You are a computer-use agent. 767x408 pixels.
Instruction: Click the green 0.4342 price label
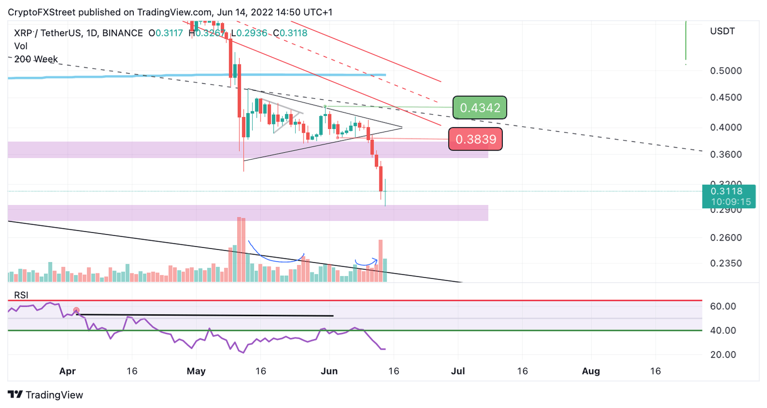[479, 107]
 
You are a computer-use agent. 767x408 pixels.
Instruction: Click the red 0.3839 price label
[475, 139]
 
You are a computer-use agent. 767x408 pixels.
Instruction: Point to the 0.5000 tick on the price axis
[726, 71]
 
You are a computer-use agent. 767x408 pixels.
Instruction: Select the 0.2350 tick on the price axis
[726, 263]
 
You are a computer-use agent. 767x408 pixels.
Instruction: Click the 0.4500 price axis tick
[726, 97]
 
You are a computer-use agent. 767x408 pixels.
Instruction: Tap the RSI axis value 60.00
[723, 306]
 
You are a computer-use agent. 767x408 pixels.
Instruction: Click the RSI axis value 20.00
[723, 355]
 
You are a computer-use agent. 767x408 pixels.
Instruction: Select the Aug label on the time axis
[591, 371]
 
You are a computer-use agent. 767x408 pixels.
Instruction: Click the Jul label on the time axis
[458, 371]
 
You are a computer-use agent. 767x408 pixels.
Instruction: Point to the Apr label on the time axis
[67, 371]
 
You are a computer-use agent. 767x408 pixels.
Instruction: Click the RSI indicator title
[21, 295]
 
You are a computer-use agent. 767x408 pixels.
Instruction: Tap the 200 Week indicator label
[36, 59]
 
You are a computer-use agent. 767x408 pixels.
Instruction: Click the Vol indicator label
[20, 46]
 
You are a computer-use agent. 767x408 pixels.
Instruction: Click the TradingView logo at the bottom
[45, 395]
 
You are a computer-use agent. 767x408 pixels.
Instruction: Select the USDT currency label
[722, 31]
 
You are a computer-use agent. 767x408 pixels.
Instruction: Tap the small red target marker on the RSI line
[76, 310]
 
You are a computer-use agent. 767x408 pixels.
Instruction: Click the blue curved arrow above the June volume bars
[366, 261]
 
